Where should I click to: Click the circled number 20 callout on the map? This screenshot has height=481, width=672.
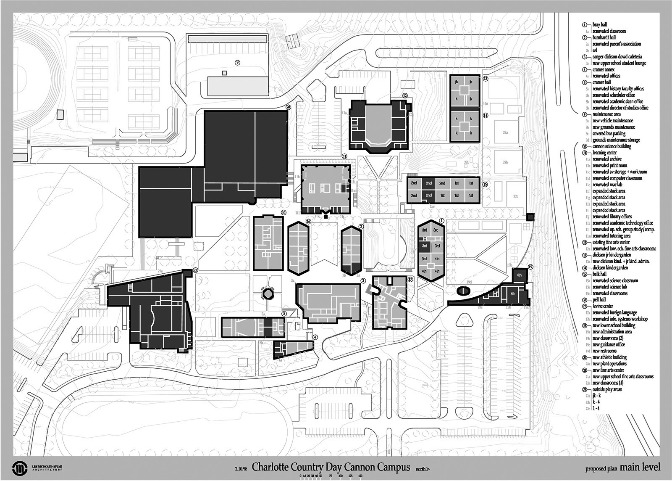pyautogui.click(x=288, y=107)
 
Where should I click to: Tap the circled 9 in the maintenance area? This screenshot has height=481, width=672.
pyautogui.click(x=237, y=63)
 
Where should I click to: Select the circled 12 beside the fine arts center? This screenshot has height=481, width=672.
pyautogui.click(x=405, y=96)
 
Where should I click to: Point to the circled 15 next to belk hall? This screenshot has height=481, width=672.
pyautogui.click(x=485, y=184)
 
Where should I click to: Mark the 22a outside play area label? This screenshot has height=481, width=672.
pyautogui.click(x=505, y=132)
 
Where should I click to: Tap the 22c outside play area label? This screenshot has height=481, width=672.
pyautogui.click(x=516, y=196)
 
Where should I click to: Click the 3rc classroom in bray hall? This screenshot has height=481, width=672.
pyautogui.click(x=436, y=230)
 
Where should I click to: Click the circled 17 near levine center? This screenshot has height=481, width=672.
pyautogui.click(x=410, y=279)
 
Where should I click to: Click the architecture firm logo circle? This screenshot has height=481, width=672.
pyautogui.click(x=18, y=468)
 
